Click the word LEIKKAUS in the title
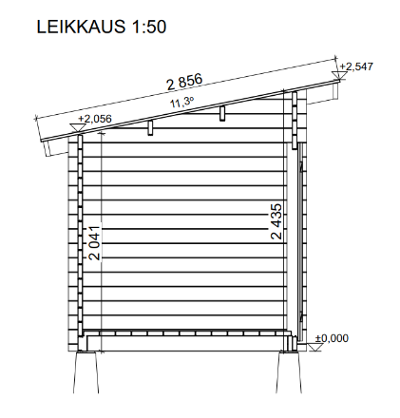pos(81,27)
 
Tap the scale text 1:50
pos(148,27)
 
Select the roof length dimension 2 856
pos(184,82)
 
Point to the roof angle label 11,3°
pos(181,103)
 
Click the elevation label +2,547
pos(356,66)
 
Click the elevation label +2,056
pos(95,119)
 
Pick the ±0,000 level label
pos(332,338)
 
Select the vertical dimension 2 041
pos(95,243)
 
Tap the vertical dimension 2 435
pos(276,221)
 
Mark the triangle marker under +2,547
pos(339,75)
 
